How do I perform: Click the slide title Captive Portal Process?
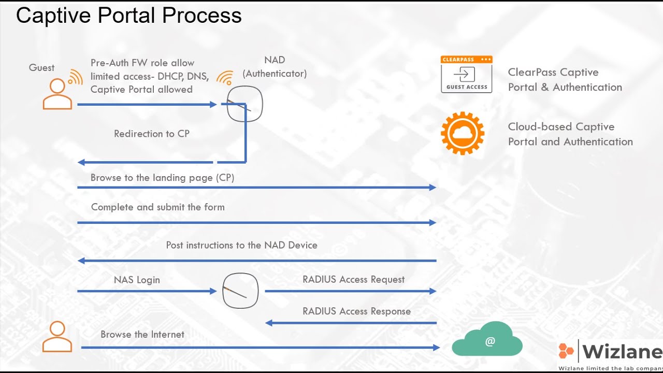(x=128, y=16)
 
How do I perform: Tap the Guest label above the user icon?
(x=41, y=68)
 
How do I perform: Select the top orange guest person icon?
(x=57, y=94)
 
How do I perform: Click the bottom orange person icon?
(x=57, y=337)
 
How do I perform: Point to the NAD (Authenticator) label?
(x=275, y=67)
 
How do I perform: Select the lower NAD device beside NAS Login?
(x=240, y=291)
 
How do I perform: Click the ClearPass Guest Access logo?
(x=466, y=74)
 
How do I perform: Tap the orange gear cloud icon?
(x=463, y=134)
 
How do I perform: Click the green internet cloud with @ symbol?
(x=487, y=340)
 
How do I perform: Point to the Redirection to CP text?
(x=152, y=134)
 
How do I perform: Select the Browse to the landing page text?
(x=162, y=178)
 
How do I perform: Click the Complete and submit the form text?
(x=157, y=207)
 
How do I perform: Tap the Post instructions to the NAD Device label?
(x=241, y=245)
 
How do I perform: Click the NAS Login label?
(x=137, y=280)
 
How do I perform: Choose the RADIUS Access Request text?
(x=353, y=279)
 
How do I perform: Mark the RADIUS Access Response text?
(x=356, y=311)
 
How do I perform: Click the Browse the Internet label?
(x=142, y=335)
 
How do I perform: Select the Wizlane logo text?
(x=622, y=352)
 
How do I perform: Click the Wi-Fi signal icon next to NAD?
(x=225, y=78)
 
